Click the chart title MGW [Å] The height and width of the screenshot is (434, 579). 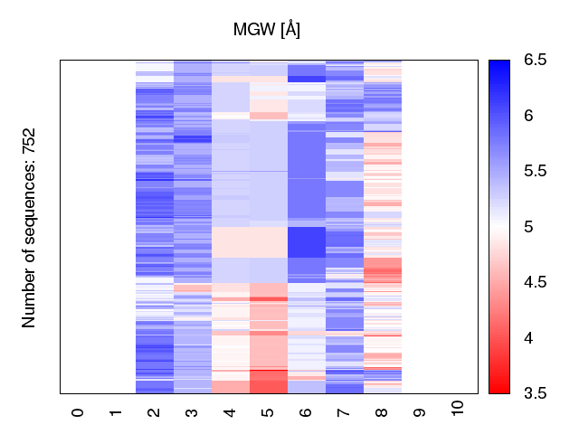point(267,30)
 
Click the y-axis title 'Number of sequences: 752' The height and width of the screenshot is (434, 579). point(29,227)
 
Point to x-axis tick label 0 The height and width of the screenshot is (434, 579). point(78,412)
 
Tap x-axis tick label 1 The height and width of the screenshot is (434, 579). point(116,412)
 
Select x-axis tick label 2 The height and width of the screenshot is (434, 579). point(154,412)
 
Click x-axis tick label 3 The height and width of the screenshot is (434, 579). point(192,412)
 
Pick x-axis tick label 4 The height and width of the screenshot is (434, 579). point(230,412)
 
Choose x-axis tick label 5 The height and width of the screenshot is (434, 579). point(268,412)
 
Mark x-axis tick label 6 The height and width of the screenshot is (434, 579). point(306,412)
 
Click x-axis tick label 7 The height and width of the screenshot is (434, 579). point(344,412)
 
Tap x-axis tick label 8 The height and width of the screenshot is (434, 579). point(382,412)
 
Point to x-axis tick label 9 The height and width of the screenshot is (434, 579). point(420,412)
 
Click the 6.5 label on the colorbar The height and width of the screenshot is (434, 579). point(535,61)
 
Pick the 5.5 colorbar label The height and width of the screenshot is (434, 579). point(535,172)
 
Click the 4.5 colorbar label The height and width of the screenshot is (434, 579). point(535,283)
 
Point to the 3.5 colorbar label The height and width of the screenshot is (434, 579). point(535,393)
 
